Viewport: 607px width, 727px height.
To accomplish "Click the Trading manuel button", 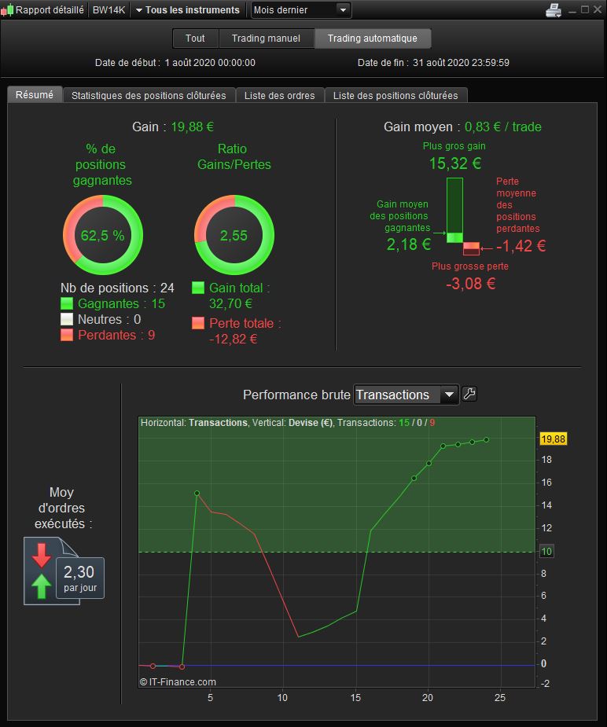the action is [266, 39].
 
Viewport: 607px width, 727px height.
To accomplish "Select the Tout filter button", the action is [195, 39].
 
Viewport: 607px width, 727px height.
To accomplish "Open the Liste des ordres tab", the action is [280, 96].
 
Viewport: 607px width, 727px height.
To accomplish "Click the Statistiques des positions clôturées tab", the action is [149, 96].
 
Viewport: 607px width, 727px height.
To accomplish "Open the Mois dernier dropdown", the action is [301, 9].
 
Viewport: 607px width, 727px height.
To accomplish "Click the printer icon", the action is [554, 9].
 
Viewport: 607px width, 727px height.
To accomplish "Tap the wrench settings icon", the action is [469, 394].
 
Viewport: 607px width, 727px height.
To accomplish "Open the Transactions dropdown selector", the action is [407, 395].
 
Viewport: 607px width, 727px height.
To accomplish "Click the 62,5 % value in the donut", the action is [102, 236].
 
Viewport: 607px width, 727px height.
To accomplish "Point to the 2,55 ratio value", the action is [234, 236].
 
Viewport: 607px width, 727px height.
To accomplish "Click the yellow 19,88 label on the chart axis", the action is [554, 439].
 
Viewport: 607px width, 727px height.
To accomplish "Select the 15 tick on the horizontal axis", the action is [355, 697].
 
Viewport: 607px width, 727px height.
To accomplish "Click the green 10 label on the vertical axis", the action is [546, 552].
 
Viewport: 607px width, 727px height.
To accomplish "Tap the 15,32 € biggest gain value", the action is [455, 163].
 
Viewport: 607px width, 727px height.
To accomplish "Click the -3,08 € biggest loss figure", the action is [471, 283].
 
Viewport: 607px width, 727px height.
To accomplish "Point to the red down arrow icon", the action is [41, 555].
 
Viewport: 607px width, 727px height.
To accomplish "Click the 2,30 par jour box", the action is [80, 578].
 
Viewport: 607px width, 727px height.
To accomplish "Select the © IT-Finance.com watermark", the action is [178, 682].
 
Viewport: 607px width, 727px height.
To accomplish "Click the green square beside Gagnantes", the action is [67, 303].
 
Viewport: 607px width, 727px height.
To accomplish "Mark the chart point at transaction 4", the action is [197, 494].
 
